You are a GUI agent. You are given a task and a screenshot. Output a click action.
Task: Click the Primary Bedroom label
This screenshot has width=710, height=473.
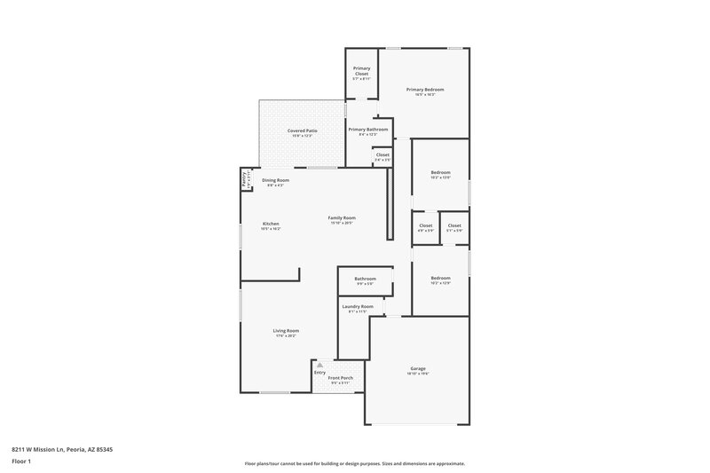[424, 90]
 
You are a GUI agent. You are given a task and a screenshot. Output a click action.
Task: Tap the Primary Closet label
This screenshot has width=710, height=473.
[361, 69]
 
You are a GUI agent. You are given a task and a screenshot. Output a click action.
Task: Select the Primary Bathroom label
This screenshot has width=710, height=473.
[367, 130]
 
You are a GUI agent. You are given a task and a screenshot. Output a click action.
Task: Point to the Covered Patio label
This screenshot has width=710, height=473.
[302, 130]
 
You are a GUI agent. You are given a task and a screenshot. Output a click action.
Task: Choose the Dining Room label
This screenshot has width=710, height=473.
[275, 180]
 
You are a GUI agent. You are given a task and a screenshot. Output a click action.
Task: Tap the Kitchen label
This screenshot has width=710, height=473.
[271, 224]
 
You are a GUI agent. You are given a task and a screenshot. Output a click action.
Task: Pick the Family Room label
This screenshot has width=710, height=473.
[342, 217]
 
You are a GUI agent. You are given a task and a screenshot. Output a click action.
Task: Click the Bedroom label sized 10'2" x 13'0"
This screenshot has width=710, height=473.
[441, 172]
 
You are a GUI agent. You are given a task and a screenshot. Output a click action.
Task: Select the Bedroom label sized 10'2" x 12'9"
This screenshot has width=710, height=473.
[441, 278]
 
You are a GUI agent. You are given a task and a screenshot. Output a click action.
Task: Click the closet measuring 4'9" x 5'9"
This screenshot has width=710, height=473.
[425, 225]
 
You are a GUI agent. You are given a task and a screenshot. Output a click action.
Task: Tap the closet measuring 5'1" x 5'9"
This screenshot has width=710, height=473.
[454, 225]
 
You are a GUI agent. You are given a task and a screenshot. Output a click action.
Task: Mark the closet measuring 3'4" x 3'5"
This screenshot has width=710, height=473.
[383, 154]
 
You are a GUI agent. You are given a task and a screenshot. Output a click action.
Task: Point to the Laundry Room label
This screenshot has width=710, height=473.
[357, 306]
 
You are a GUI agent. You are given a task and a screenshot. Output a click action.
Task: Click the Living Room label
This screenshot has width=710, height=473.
[286, 331]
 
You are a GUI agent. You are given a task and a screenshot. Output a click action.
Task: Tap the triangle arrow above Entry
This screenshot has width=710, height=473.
[320, 364]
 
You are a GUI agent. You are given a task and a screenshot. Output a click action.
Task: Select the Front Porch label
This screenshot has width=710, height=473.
[341, 378]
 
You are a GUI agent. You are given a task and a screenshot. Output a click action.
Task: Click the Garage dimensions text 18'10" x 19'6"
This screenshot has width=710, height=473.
[417, 374]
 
